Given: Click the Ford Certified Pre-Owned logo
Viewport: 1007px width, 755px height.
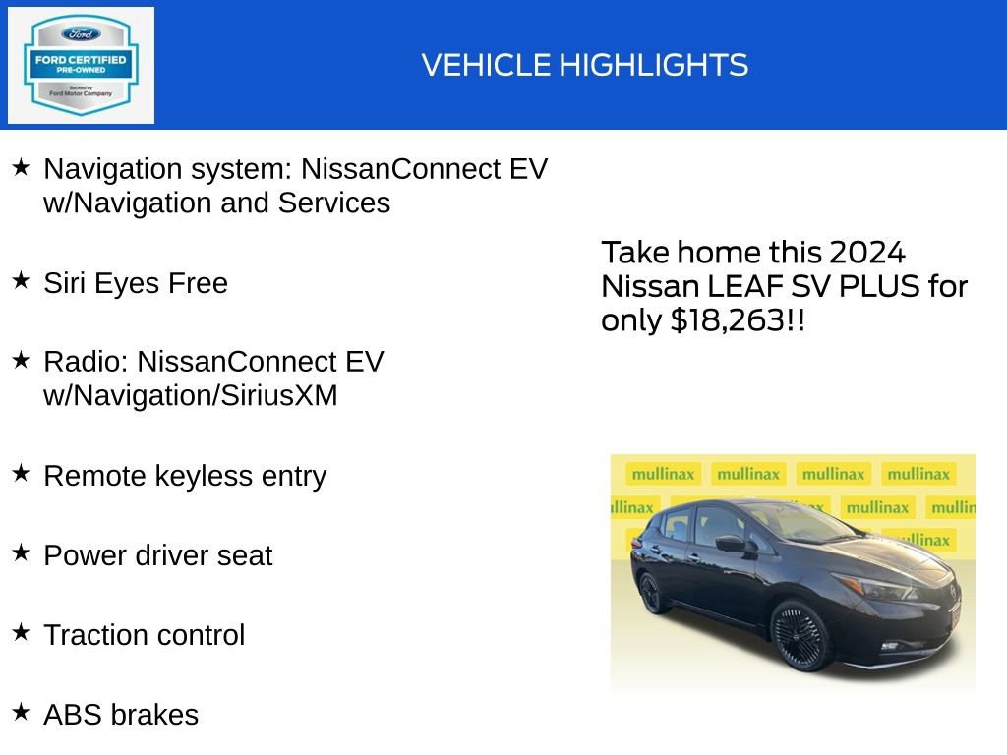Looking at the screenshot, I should coord(81,66).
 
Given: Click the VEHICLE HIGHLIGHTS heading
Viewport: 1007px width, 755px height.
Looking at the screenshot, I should coord(585,66).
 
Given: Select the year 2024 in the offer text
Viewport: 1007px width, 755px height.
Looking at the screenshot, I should coord(866,253).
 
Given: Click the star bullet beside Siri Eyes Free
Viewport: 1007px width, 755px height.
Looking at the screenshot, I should coord(21,281).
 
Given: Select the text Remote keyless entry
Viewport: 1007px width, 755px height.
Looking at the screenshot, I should coord(185,476).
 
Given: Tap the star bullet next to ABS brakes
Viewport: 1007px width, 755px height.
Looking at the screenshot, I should coord(21,712).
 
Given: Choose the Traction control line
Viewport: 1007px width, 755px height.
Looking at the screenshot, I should coord(144,635).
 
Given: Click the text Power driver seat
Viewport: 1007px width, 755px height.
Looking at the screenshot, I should coord(157,555).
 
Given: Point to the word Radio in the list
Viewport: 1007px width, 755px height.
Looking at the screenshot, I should coord(84,362).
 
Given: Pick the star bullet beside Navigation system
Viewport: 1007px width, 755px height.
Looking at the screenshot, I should coord(21,167).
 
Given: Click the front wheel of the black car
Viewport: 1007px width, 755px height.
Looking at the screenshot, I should coord(800,634).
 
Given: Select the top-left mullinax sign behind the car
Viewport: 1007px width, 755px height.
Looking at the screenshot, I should coord(663,474).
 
